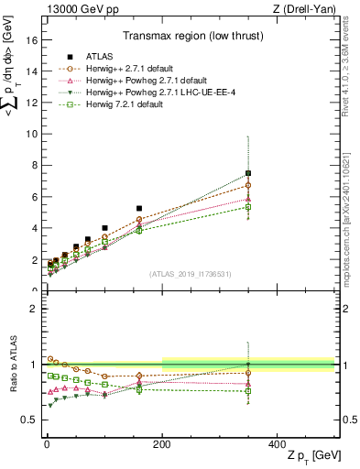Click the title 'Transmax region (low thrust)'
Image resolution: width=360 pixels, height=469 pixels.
coord(188,38)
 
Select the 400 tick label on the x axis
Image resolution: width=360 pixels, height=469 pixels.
coord(277,443)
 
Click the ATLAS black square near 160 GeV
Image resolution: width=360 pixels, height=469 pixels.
coord(139,209)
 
